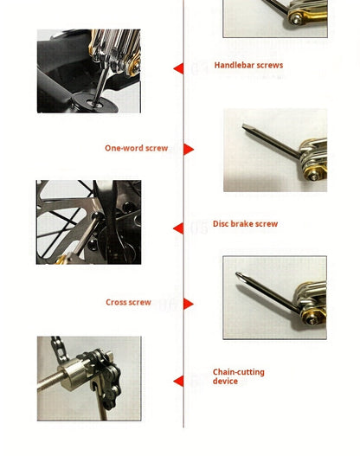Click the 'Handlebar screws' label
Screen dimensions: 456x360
(248, 66)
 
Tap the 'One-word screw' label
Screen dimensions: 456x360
(136, 149)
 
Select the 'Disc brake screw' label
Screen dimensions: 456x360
(245, 224)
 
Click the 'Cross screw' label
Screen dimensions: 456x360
(128, 303)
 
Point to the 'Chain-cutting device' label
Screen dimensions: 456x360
(239, 376)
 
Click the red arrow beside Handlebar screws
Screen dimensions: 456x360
(178, 68)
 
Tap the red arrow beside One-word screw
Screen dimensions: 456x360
(189, 149)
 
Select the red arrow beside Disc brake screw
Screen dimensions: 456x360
(178, 228)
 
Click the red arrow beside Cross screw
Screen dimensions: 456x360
(189, 304)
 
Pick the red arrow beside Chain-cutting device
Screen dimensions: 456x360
(178, 381)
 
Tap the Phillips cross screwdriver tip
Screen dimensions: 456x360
(238, 277)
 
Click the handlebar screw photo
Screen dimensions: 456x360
(88, 71)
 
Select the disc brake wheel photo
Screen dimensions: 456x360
(88, 222)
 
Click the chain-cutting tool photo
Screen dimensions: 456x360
(88, 379)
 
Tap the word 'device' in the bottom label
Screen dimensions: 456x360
(225, 382)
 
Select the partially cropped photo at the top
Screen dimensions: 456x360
(275, 18)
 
